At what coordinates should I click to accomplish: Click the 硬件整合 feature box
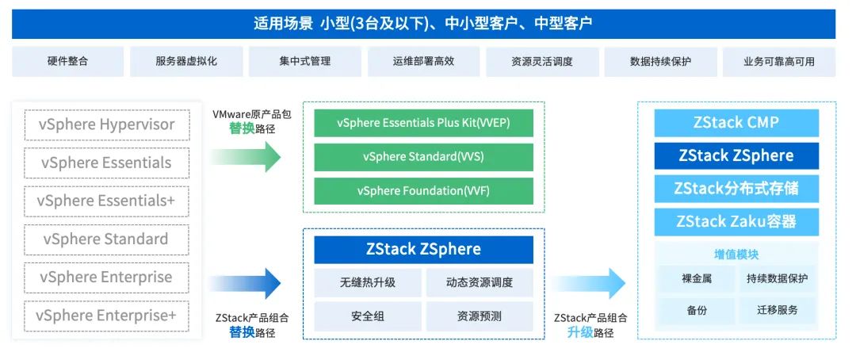click(x=67, y=62)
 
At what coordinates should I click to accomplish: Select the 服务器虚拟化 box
click(x=186, y=62)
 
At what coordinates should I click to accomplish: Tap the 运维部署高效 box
click(x=423, y=62)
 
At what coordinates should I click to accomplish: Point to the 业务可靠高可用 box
click(x=778, y=62)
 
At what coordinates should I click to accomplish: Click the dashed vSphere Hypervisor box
click(x=106, y=124)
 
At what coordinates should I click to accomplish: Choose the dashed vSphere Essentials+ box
click(x=106, y=201)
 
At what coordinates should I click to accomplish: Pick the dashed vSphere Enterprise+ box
click(x=106, y=315)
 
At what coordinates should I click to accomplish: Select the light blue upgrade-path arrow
click(x=590, y=283)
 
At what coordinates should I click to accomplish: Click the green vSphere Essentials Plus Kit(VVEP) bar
click(x=423, y=123)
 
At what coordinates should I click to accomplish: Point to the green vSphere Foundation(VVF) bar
click(x=423, y=191)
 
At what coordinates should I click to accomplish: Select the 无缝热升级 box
click(x=368, y=282)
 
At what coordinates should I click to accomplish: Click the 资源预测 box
click(x=480, y=316)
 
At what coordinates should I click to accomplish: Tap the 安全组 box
click(x=368, y=316)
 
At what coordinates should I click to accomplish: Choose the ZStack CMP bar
click(x=736, y=123)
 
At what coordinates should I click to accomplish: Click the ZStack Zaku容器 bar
click(x=736, y=222)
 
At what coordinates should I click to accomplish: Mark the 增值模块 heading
click(x=736, y=255)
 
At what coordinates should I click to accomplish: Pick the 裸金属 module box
click(x=697, y=278)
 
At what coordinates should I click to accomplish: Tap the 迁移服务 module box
click(x=777, y=310)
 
